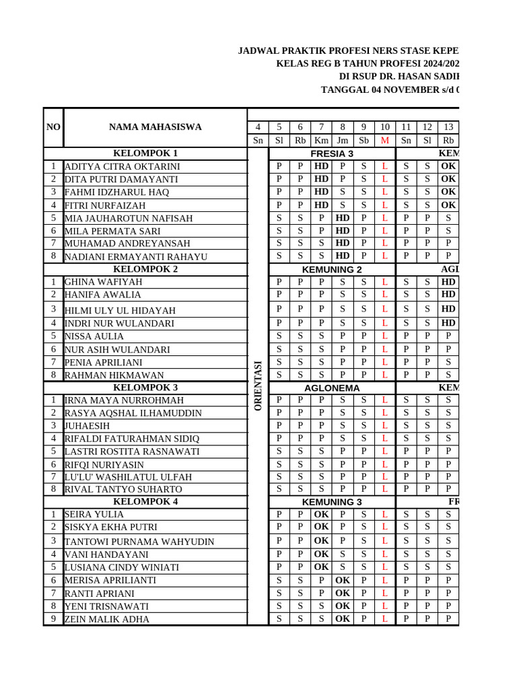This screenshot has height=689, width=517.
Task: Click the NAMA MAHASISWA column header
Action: pos(155,127)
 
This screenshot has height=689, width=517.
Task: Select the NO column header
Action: pos(53,127)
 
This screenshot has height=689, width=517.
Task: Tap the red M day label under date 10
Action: pos(384,141)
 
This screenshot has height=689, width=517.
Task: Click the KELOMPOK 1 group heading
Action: pos(145,153)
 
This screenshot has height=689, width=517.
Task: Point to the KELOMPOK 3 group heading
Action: pos(145,388)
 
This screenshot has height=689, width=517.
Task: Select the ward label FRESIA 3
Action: pos(332,153)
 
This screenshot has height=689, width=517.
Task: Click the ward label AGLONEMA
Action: pos(332,388)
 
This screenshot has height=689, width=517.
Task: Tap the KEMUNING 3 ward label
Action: pos(332,502)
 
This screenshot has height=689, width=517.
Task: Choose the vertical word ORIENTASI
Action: pos(258,386)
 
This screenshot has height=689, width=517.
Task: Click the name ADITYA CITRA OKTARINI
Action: pos(122,167)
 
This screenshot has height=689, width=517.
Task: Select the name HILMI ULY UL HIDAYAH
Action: pos(120,310)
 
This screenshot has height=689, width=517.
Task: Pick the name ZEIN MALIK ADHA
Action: pos(106,620)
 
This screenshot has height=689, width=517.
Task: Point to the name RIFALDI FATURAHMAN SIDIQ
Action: pos(131,439)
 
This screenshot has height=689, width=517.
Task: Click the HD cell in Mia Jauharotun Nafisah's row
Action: pos(343,218)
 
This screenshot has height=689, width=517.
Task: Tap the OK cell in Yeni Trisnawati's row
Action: pos(343,606)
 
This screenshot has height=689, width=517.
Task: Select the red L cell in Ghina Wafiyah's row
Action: pos(384,282)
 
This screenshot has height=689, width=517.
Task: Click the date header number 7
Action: pos(321,127)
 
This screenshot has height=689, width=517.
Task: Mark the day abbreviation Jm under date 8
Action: pos(343,141)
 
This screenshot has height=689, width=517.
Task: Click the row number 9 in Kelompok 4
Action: pos(53,619)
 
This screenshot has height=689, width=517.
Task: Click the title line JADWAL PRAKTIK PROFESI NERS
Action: pos(349,51)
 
